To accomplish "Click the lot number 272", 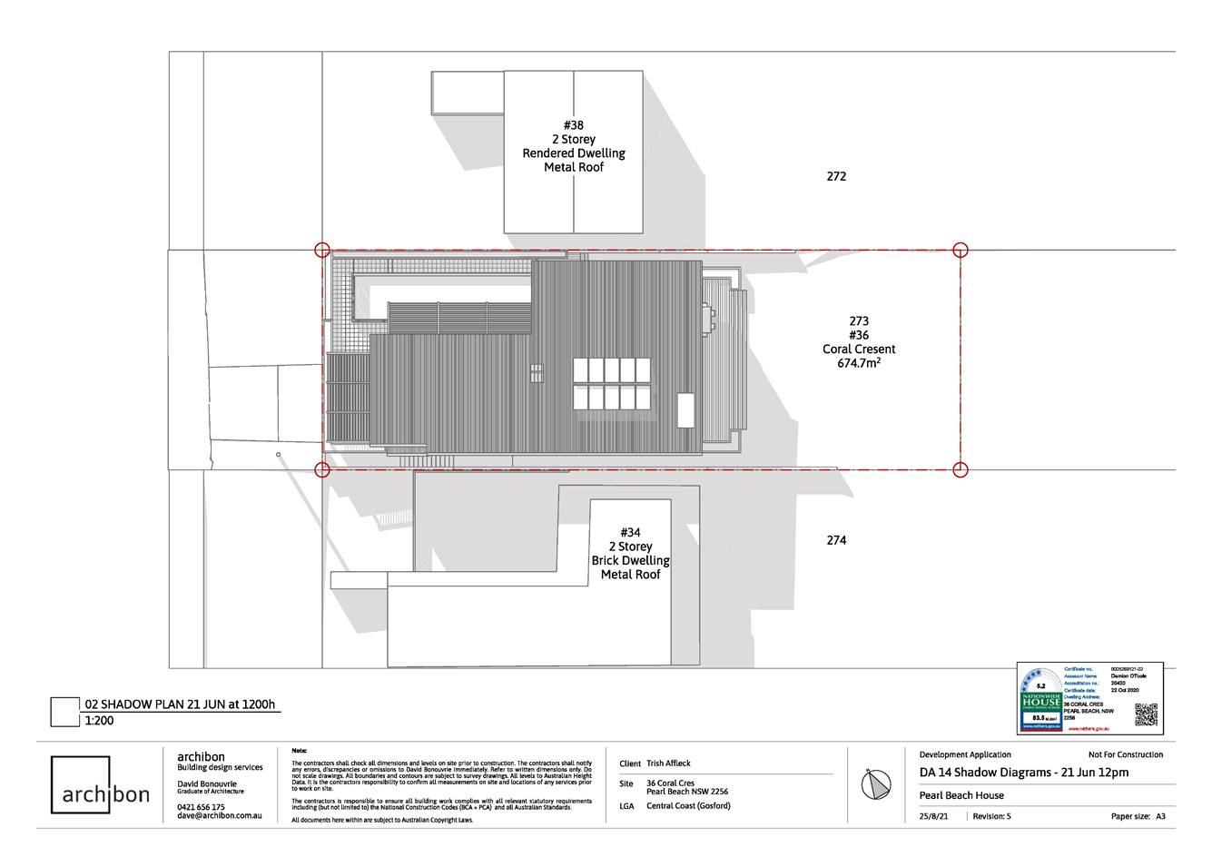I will [x=836, y=176].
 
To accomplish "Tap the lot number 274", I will [x=836, y=540].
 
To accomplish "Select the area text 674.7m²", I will [x=859, y=363].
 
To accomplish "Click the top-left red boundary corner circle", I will [x=321, y=251].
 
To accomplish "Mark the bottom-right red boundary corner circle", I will [x=961, y=469].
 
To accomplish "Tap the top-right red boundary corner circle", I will [x=961, y=251].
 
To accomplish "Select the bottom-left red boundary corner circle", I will [x=321, y=469].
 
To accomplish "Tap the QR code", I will [x=1147, y=715].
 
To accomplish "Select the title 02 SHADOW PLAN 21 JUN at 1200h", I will [x=179, y=704].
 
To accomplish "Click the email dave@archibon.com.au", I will [x=220, y=816].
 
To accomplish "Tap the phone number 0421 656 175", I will [x=201, y=806].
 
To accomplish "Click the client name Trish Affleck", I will [x=668, y=763].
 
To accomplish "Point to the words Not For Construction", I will [x=1125, y=754].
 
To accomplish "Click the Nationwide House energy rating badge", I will [x=1040, y=700].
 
